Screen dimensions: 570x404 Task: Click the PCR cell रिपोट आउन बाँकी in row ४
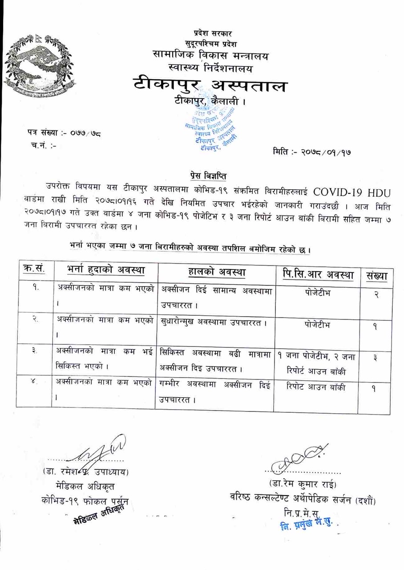316,387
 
